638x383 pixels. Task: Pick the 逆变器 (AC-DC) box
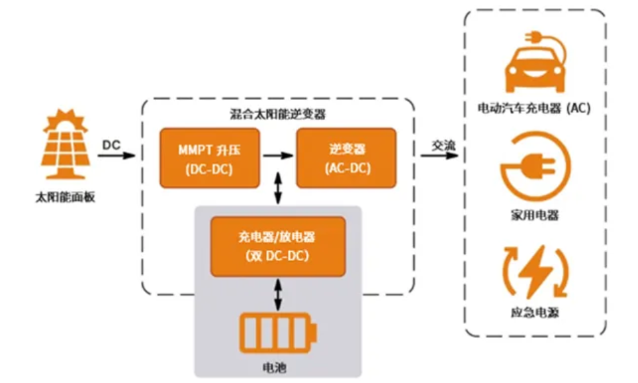click(346, 158)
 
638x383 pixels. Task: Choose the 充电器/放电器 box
click(278, 246)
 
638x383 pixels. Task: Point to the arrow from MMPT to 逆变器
click(278, 157)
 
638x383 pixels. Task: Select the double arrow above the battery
click(278, 293)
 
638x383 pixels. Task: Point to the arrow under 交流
click(439, 156)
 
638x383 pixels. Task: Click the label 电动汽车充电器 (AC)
click(534, 107)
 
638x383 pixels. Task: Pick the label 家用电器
click(535, 215)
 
